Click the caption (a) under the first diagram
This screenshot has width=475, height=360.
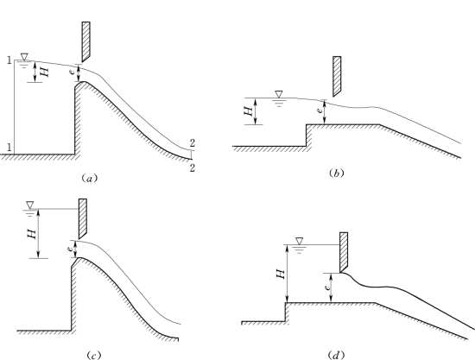pos(89,178)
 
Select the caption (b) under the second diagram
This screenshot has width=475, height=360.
pos(336,173)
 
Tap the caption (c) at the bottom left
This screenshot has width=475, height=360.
pos(93,355)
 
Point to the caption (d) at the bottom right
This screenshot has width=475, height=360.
pos(336,355)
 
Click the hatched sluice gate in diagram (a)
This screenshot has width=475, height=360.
pos(85,41)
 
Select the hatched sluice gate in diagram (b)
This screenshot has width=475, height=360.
pos(337,76)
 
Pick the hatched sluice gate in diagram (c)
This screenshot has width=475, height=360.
pos(83,218)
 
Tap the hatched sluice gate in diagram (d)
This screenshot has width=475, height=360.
pos(344,252)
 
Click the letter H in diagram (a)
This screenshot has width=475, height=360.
pos(44,72)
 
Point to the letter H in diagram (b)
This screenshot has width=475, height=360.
pos(249,111)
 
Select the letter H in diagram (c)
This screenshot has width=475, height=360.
pos(32,233)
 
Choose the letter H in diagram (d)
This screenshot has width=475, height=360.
pos(281,274)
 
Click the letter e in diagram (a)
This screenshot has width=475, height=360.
pos(72,72)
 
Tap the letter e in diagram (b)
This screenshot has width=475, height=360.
pos(319,111)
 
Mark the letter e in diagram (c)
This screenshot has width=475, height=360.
pos(70,249)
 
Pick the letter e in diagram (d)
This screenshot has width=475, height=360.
pos(326,287)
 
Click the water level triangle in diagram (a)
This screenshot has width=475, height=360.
pos(24,57)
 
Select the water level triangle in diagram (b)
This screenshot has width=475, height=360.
pos(279,94)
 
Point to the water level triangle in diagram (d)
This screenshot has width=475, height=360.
pos(300,241)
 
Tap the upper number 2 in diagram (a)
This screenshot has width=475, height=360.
pos(193,143)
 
